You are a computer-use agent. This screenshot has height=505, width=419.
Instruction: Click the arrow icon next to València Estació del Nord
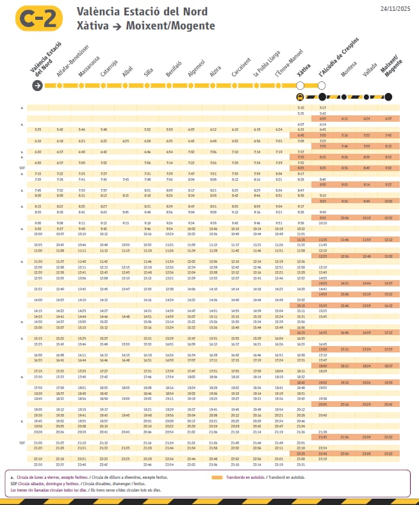[x=38, y=87]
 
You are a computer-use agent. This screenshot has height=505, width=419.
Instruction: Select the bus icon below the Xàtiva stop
[x=300, y=97]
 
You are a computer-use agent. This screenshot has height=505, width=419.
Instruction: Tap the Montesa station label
[x=349, y=70]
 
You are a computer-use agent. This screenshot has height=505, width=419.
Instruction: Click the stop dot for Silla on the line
[x=148, y=86]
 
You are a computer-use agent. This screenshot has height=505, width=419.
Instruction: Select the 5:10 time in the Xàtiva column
[x=301, y=108]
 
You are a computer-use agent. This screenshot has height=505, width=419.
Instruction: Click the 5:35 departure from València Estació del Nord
[x=38, y=129]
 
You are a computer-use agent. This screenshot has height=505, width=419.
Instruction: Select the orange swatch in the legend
[x=217, y=477]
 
